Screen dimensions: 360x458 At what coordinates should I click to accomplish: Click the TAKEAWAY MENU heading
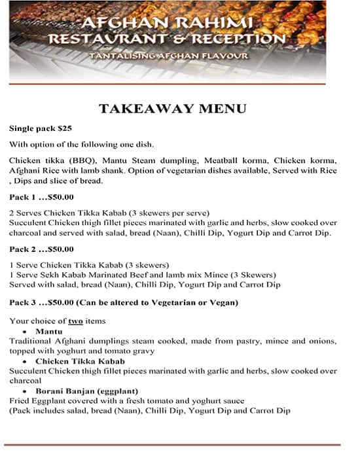tap(172, 109)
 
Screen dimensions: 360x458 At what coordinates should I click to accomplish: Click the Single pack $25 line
tap(41, 128)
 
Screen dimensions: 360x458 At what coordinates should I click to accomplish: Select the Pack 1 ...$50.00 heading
tap(41, 197)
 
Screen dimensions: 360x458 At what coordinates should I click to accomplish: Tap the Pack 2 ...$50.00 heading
tap(41, 249)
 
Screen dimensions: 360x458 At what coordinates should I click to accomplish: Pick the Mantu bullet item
tap(50, 332)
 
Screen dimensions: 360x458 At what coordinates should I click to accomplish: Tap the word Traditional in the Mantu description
tap(31, 342)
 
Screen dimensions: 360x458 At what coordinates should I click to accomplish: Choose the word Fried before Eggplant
tap(20, 400)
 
